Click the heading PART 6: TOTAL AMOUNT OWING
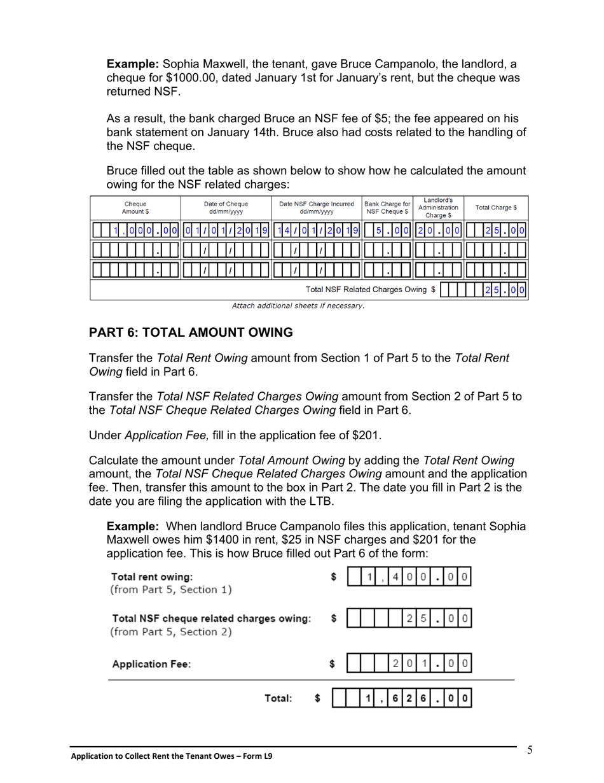191,332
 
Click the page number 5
530,750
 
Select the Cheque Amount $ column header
135,208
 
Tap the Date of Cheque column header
226,208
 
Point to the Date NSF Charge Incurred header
317,208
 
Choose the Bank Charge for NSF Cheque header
387,208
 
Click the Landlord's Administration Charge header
438,208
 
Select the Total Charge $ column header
496,208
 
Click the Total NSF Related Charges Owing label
370,290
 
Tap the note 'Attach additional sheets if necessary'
298,306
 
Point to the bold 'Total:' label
278,699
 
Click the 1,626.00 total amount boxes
403,699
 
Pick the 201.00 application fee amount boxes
410,664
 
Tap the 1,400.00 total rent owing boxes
410,577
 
